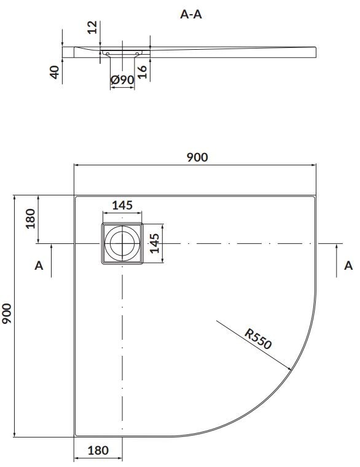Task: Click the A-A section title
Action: tap(191, 14)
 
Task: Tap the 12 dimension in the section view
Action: tap(93, 27)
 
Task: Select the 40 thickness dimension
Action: tap(55, 73)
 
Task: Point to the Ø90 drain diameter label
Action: tap(122, 80)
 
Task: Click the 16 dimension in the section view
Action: tap(143, 72)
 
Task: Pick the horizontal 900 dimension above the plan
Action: tap(197, 157)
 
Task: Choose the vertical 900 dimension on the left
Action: tap(7, 313)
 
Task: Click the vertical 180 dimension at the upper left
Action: tap(30, 219)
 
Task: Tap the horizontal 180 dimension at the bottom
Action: tap(98, 450)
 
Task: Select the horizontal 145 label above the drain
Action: tap(122, 205)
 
